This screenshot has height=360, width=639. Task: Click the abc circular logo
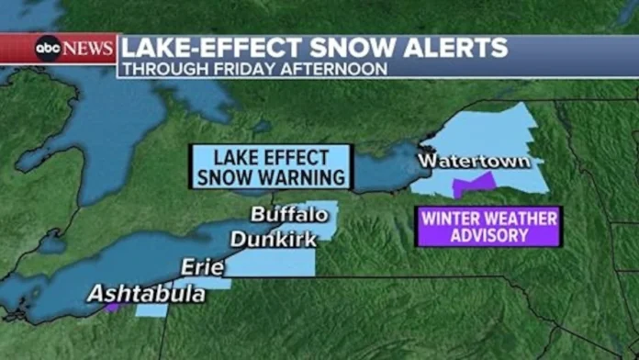coord(48,49)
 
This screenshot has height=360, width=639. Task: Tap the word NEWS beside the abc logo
coord(88,49)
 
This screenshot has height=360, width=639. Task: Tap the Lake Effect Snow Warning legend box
coord(271,166)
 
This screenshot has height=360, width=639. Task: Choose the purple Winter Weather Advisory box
coord(488,226)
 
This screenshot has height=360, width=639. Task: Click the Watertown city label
coord(474,162)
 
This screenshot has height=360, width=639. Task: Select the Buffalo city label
coord(289,215)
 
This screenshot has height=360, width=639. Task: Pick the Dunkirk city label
coord(274,240)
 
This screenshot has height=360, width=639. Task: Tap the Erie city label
coord(202,266)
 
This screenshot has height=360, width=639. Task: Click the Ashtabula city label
coord(147,294)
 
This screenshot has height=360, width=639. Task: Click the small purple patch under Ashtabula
coord(111,308)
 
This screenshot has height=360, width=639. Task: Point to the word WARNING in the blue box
coord(303,176)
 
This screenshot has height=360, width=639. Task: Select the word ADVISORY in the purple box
coord(488,235)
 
